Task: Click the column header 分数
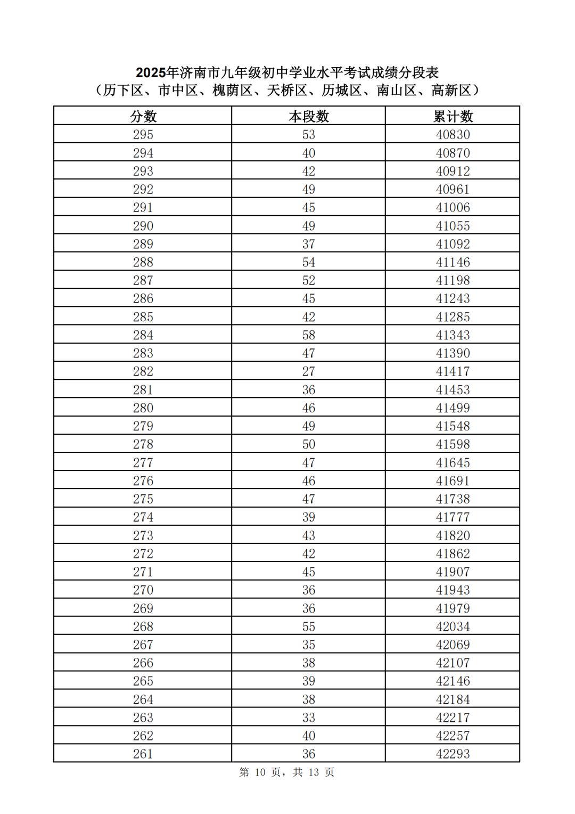(x=143, y=116)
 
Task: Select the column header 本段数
(x=309, y=116)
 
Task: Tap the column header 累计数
(x=453, y=116)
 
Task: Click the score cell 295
(x=143, y=135)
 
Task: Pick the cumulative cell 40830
(x=453, y=135)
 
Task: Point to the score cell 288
(x=143, y=262)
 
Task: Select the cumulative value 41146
(x=453, y=262)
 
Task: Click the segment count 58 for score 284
(x=309, y=335)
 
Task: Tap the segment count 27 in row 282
(x=309, y=371)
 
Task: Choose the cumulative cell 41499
(x=453, y=408)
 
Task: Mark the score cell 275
(x=143, y=499)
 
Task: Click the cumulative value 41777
(x=453, y=517)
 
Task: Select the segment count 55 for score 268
(x=309, y=626)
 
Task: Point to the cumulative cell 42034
(x=453, y=626)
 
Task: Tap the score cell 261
(x=143, y=754)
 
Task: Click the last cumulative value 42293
(x=453, y=754)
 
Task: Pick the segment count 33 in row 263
(x=309, y=718)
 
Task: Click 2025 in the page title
(x=151, y=72)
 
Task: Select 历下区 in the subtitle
(x=123, y=91)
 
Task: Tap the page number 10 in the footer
(x=260, y=772)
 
